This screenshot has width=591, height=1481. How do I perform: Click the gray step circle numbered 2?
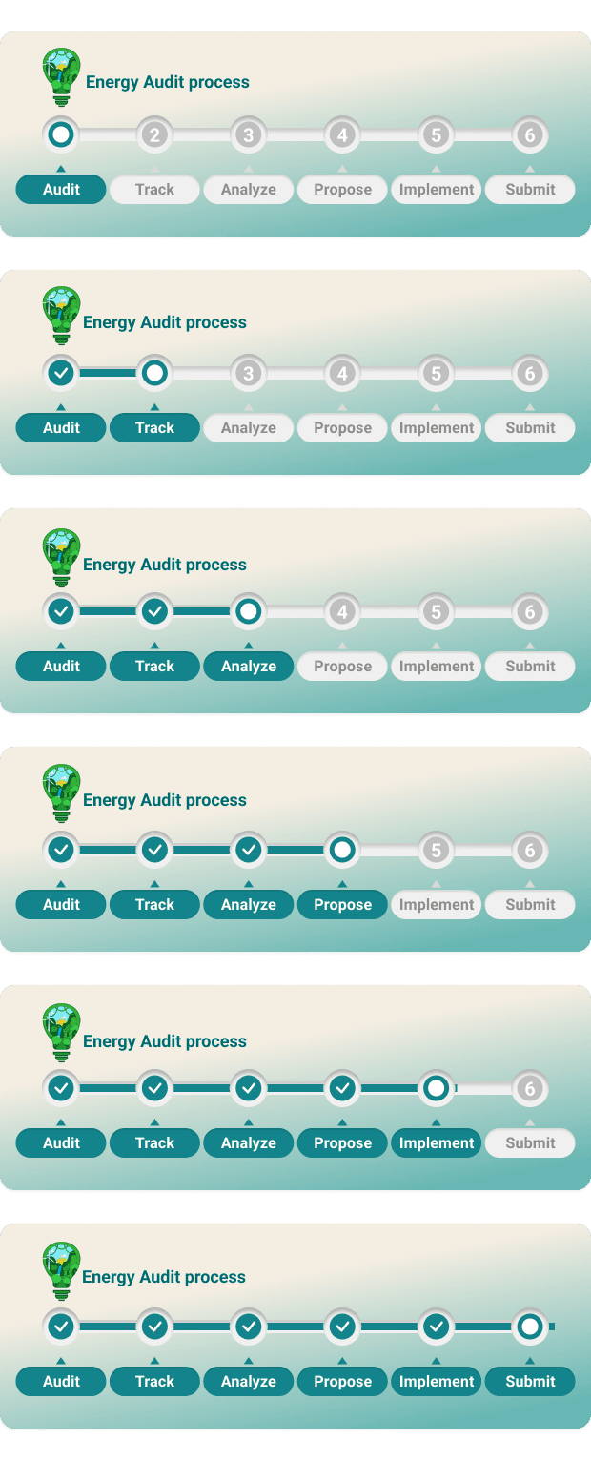[x=154, y=134]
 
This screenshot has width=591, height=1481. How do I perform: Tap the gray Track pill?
[x=154, y=189]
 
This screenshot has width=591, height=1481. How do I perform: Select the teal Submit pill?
[x=530, y=1381]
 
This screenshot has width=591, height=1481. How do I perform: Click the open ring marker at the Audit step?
[x=61, y=134]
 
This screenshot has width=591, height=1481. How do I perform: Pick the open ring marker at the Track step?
[x=154, y=373]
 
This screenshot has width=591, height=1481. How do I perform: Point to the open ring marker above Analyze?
[x=249, y=611]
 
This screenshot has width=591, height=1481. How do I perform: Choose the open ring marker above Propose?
[x=342, y=850]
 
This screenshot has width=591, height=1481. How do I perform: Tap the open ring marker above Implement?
[x=436, y=1088]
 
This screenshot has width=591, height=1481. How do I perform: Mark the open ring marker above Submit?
[x=530, y=1327]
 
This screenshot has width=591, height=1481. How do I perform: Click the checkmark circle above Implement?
[x=436, y=1327]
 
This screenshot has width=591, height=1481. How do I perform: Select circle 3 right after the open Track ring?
[x=249, y=373]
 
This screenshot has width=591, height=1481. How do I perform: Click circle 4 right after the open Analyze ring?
[x=342, y=611]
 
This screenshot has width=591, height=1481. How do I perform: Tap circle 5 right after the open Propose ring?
[x=436, y=850]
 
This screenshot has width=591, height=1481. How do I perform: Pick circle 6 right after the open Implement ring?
[x=530, y=1088]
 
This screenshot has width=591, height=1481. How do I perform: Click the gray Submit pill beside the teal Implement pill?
[x=530, y=1142]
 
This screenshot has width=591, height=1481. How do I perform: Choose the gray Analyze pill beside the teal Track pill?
[x=249, y=427]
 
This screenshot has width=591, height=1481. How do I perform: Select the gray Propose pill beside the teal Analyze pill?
[x=342, y=666]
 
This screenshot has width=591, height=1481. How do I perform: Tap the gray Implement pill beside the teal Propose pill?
[x=436, y=904]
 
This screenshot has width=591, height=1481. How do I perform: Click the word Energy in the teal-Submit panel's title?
[x=109, y=1277]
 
